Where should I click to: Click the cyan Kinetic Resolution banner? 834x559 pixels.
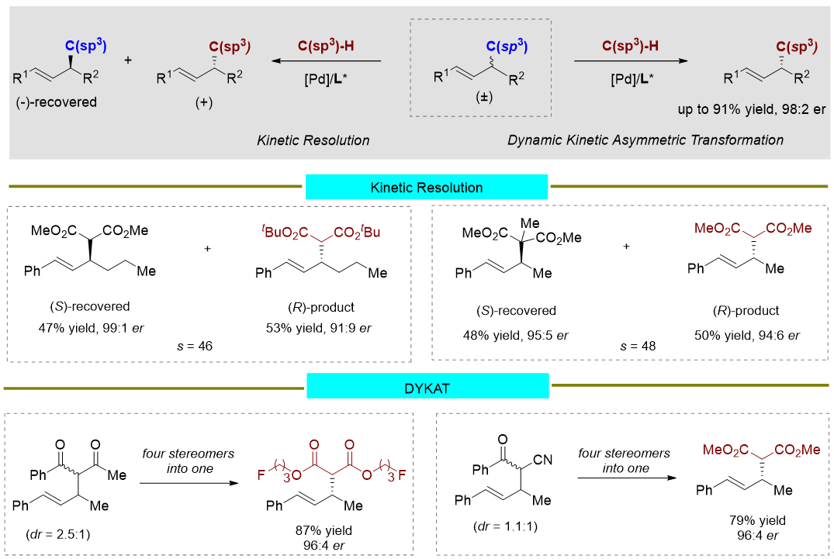point(427,188)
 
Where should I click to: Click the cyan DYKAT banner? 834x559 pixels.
point(427,385)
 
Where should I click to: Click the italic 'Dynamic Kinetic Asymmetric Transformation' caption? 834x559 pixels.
point(645,140)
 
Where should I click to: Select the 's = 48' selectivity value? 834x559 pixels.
point(637,346)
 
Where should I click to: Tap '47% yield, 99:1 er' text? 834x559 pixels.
point(87,328)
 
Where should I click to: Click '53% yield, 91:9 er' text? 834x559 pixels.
point(319,328)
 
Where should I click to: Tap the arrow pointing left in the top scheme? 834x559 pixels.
point(326,61)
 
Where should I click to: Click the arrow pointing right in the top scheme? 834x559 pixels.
point(631,61)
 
